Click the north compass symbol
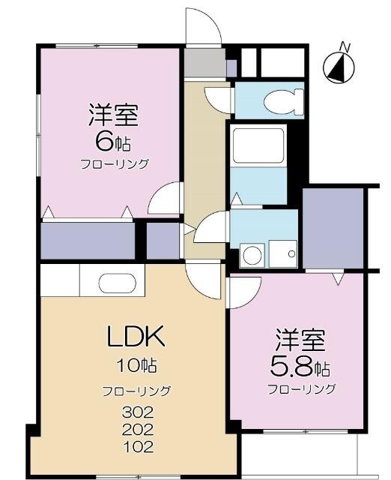[339, 65]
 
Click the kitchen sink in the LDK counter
[116, 283]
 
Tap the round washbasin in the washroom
[252, 255]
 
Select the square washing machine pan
[283, 253]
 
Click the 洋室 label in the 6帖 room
[113, 116]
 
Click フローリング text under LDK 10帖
[136, 390]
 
